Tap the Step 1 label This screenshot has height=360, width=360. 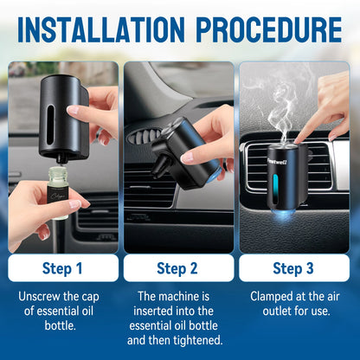pyautogui.click(x=63, y=267)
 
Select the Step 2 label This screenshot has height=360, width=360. pyautogui.click(x=180, y=267)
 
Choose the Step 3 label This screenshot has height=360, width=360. pyautogui.click(x=294, y=267)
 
